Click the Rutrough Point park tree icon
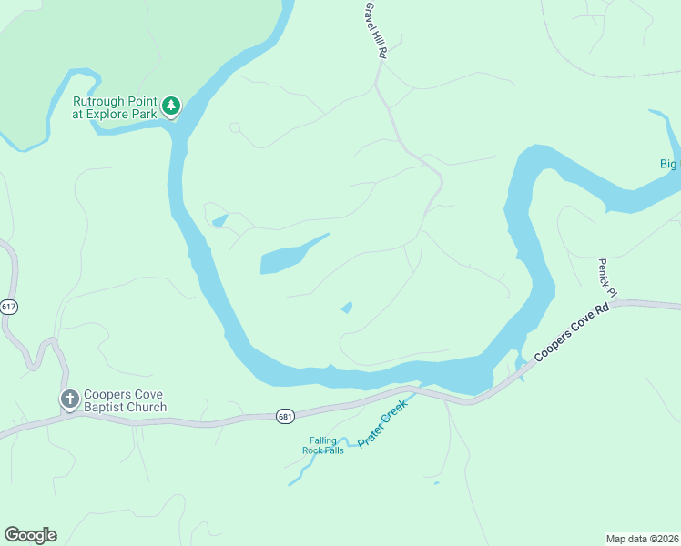171,107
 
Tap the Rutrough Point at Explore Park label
116,107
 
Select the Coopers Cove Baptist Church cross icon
69,399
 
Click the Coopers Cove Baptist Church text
125,400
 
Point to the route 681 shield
286,416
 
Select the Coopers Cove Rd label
572,330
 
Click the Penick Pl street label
607,278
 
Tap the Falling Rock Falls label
323,445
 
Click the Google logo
30,535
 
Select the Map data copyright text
642,538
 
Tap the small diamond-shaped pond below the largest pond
347,308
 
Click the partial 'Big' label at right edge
669,164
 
